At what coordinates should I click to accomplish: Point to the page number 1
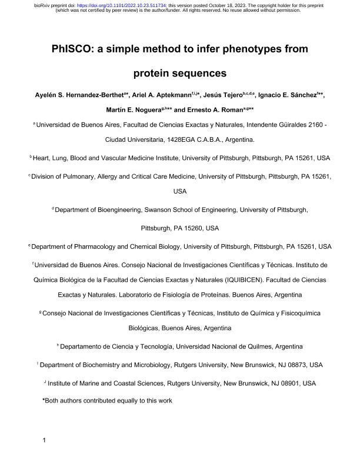pos(44,440)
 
